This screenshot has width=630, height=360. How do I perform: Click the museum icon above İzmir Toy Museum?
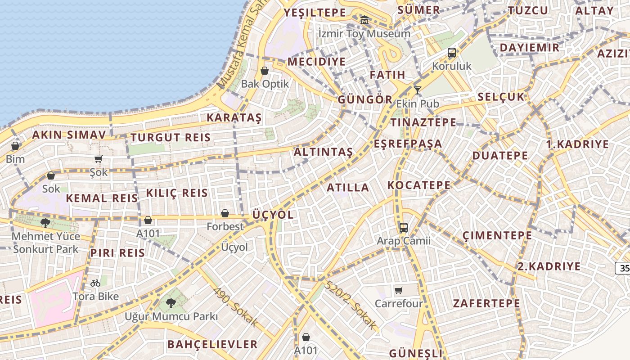point(364,20)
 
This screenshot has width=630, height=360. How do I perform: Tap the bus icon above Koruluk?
point(452,53)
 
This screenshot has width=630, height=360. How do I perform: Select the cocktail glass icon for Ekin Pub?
point(418,90)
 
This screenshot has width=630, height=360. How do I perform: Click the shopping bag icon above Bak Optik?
point(265,71)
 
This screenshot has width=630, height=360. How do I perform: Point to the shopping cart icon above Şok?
point(99,159)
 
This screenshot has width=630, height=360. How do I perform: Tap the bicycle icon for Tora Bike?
point(95,283)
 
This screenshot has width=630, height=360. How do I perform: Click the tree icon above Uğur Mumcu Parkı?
point(171,303)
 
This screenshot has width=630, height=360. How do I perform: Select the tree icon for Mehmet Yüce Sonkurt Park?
point(45,223)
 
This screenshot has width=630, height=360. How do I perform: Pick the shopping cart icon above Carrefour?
point(398,290)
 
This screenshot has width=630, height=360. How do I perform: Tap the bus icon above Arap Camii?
point(403,228)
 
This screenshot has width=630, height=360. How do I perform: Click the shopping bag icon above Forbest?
point(225,213)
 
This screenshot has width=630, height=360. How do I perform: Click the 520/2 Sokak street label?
point(350,305)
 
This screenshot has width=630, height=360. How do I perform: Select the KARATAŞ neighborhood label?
point(234,118)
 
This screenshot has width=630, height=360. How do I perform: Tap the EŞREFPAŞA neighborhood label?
point(408,144)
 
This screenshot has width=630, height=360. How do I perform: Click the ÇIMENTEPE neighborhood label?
point(497,235)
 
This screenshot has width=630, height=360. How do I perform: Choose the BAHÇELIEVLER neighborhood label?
point(212,345)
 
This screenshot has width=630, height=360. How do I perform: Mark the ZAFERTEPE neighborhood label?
point(486,303)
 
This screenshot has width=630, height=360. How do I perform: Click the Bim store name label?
point(15,159)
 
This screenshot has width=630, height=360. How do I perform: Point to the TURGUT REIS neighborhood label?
point(171,138)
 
